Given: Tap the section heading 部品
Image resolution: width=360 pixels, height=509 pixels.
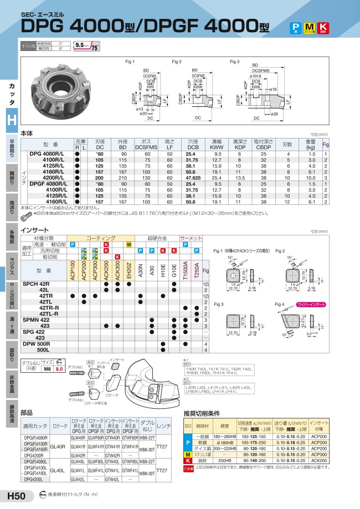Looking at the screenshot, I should [27, 412].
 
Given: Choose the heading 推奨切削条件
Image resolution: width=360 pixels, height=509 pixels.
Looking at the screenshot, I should [203, 413].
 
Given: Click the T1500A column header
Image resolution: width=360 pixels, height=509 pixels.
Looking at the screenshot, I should [186, 270].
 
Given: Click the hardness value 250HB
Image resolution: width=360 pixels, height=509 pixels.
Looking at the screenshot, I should [224, 460].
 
